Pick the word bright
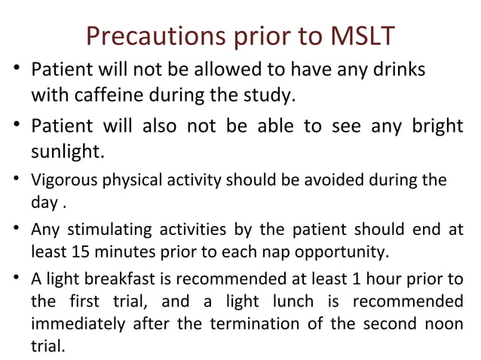[x=433, y=126]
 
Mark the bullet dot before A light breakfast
[x=17, y=279]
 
